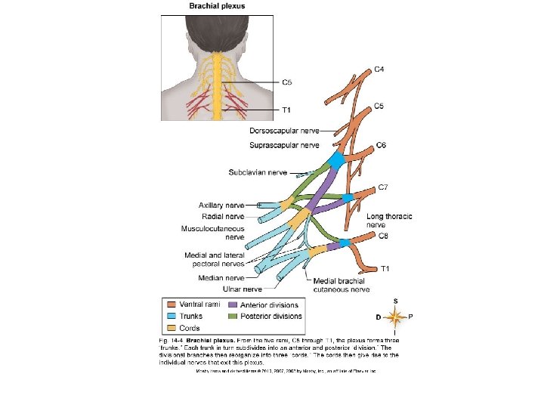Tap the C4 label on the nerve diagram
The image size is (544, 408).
point(382,69)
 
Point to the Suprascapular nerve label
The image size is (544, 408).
point(284,144)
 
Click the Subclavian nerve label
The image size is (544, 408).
point(260,173)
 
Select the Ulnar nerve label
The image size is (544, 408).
point(242,289)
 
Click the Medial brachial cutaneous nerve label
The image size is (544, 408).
point(342,284)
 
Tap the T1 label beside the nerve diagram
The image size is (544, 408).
point(385,268)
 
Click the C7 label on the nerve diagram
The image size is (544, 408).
point(384,186)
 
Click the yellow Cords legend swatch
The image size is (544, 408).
point(172,329)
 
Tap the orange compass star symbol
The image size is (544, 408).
point(395,317)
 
